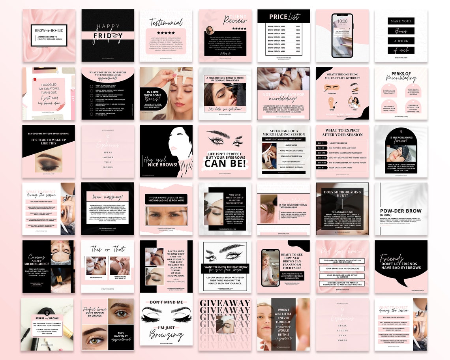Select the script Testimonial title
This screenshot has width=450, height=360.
tap(166, 22)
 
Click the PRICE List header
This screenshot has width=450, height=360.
tap(283, 17)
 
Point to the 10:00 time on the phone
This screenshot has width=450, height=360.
tap(342, 21)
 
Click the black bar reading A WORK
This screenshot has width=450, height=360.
tap(401, 41)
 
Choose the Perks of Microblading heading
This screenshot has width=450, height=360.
tap(401, 77)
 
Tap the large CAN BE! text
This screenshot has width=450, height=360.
tap(225, 163)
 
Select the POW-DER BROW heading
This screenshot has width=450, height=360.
tap(401, 211)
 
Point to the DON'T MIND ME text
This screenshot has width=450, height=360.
tap(166, 302)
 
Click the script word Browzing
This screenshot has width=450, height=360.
tap(166, 336)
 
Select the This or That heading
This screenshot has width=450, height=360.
tap(107, 249)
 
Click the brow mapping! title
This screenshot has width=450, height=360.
tap(104, 197)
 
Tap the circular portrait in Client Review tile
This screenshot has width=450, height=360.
tap(210, 30)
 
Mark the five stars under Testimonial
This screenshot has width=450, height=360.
tap(166, 33)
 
